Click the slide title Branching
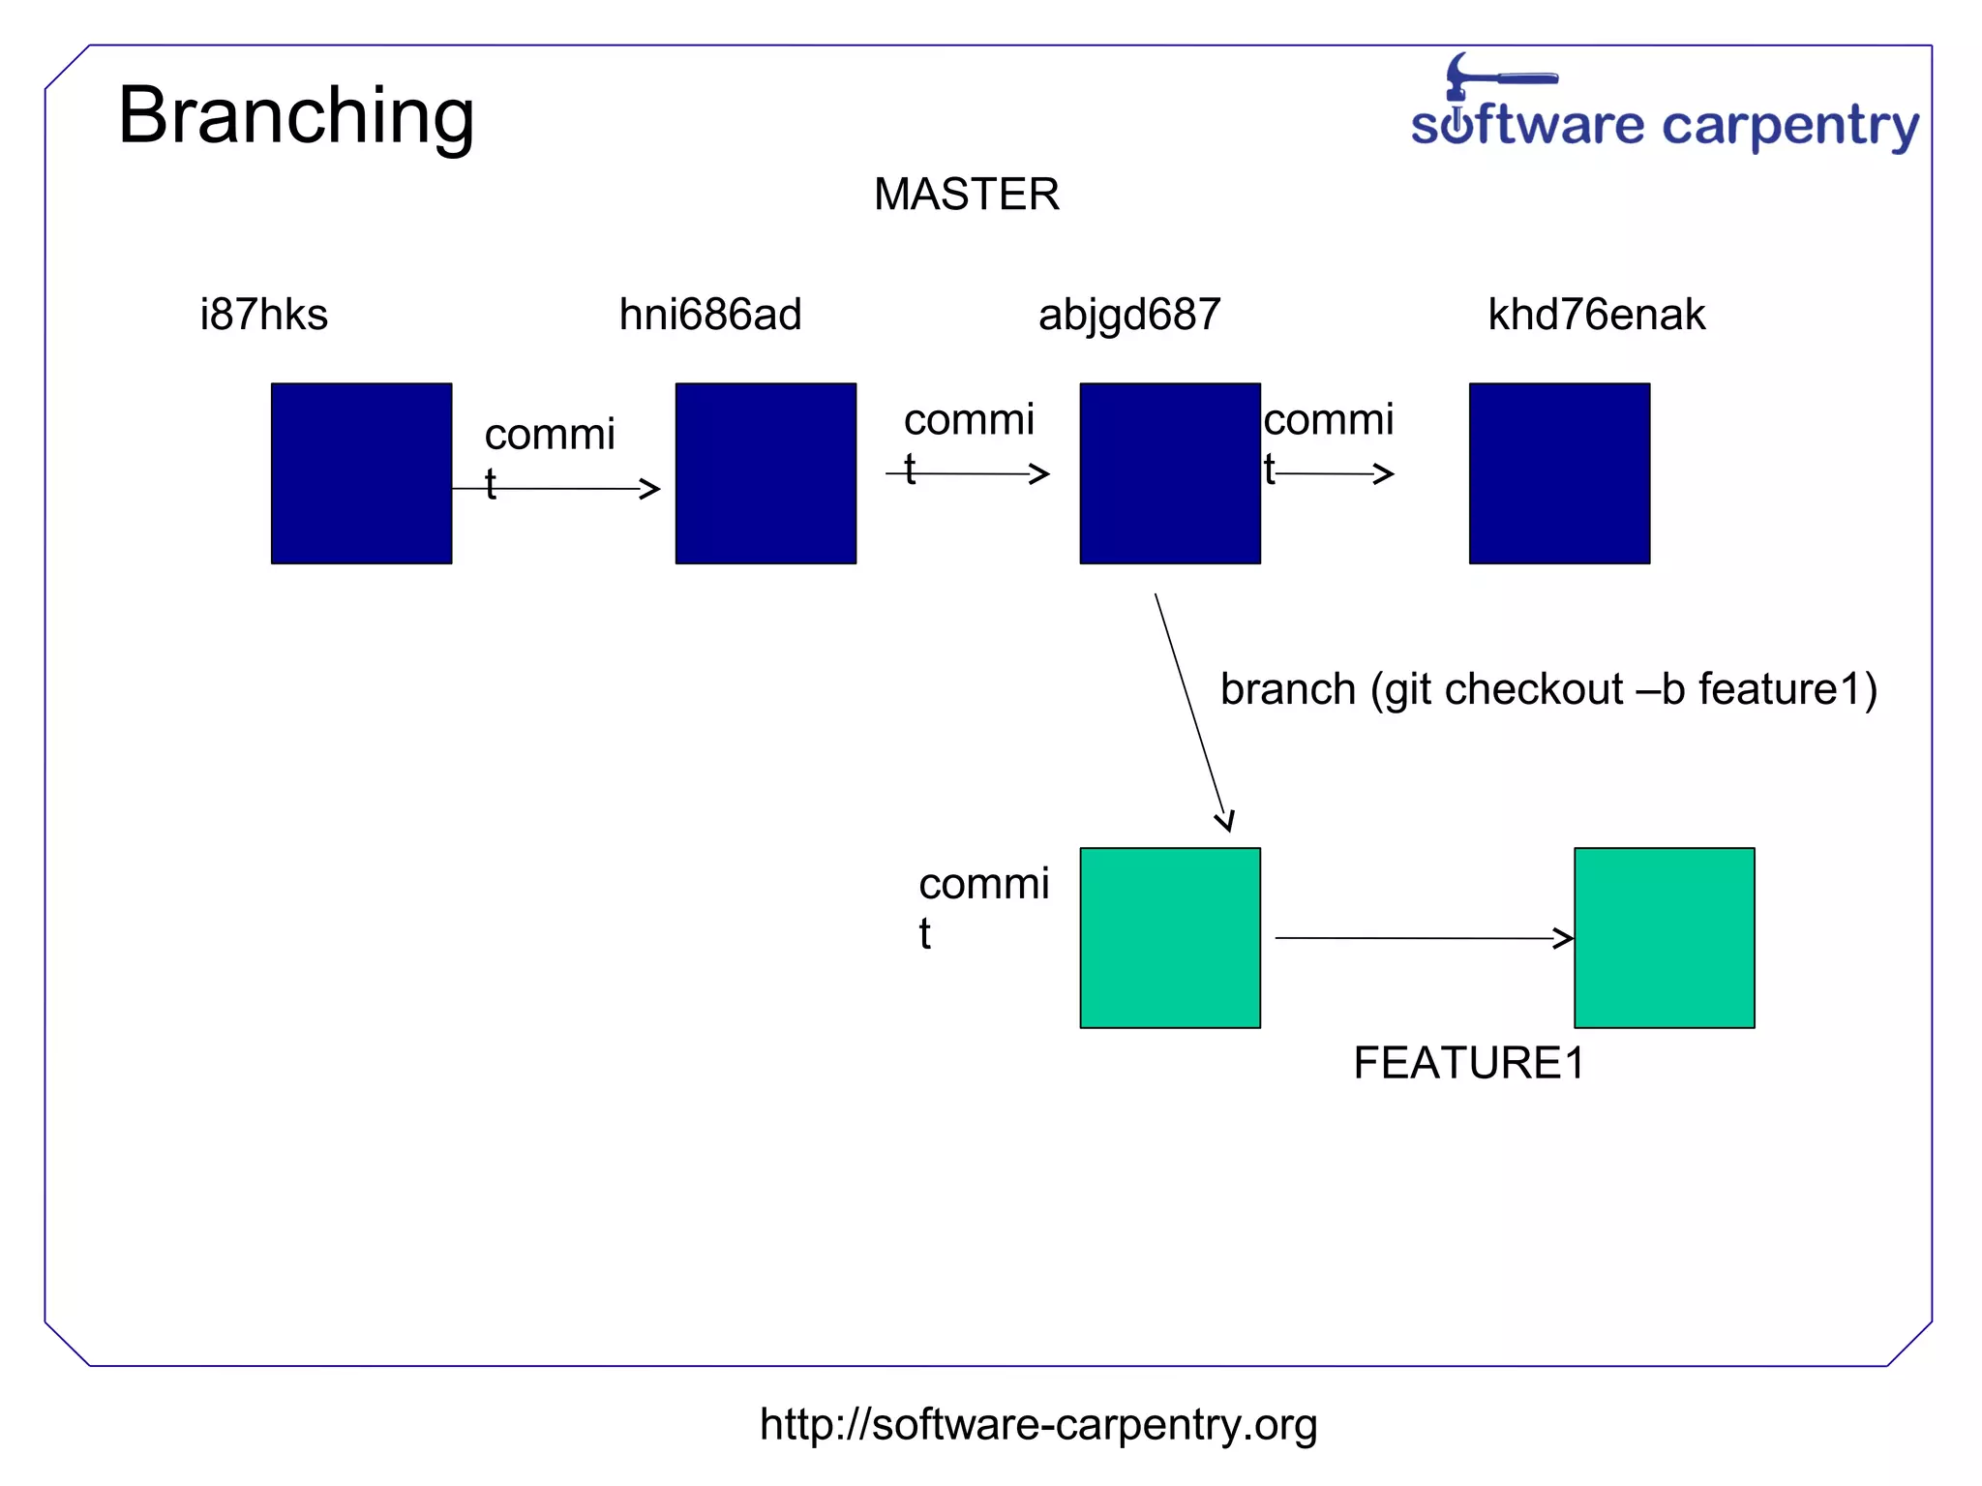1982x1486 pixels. pyautogui.click(x=296, y=116)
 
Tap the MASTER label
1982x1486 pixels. pyautogui.click(x=966, y=195)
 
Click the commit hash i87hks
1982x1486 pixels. pyautogui.click(x=263, y=315)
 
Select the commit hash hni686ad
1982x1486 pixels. pyautogui.click(x=710, y=315)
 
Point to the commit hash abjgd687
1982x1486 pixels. pyautogui.click(x=1129, y=315)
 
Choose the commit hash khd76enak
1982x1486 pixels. pyautogui.click(x=1596, y=315)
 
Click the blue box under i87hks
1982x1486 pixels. pyautogui.click(x=361, y=473)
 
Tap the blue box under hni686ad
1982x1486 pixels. pyautogui.click(x=766, y=473)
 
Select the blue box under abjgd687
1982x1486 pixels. pyautogui.click(x=1170, y=473)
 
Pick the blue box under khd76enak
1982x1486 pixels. pyautogui.click(x=1559, y=473)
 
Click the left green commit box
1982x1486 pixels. pyautogui.click(x=1170, y=937)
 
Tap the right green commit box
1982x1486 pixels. pyautogui.click(x=1664, y=937)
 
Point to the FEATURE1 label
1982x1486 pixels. pyautogui.click(x=1468, y=1063)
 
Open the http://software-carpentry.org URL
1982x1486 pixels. pyautogui.click(x=1037, y=1424)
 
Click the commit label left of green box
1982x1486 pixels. pyautogui.click(x=982, y=905)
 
